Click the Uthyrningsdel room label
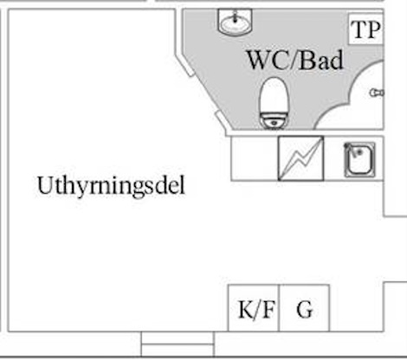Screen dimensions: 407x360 point(111,186)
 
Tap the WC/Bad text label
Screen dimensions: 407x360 point(295,61)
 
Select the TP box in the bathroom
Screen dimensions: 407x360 point(365,29)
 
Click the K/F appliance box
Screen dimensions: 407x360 point(254,308)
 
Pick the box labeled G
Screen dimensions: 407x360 point(304,308)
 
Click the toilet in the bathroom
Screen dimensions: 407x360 point(274,103)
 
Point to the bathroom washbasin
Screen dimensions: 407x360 point(235,22)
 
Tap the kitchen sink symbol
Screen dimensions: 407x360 point(360,159)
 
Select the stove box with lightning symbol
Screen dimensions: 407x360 point(300,158)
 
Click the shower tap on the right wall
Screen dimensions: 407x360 point(377,93)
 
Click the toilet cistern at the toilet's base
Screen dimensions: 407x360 point(274,121)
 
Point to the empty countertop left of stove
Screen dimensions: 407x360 point(255,158)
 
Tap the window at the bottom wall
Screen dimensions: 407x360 point(178,344)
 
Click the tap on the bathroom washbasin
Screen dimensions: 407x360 point(236,16)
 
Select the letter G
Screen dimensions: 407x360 point(305,309)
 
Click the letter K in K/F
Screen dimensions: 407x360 point(245,309)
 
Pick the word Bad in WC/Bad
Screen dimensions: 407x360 point(321,61)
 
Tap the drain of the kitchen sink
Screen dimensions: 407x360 point(359,151)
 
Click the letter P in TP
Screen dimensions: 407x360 point(374,29)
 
